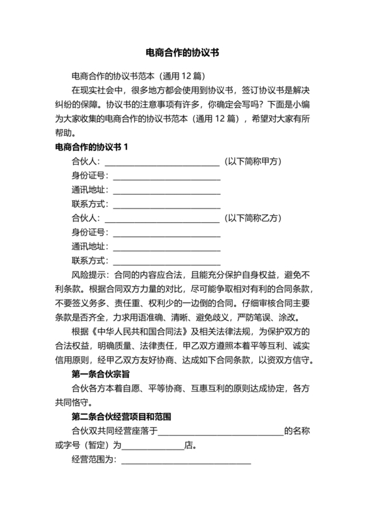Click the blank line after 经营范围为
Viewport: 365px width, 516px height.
(x=186, y=461)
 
